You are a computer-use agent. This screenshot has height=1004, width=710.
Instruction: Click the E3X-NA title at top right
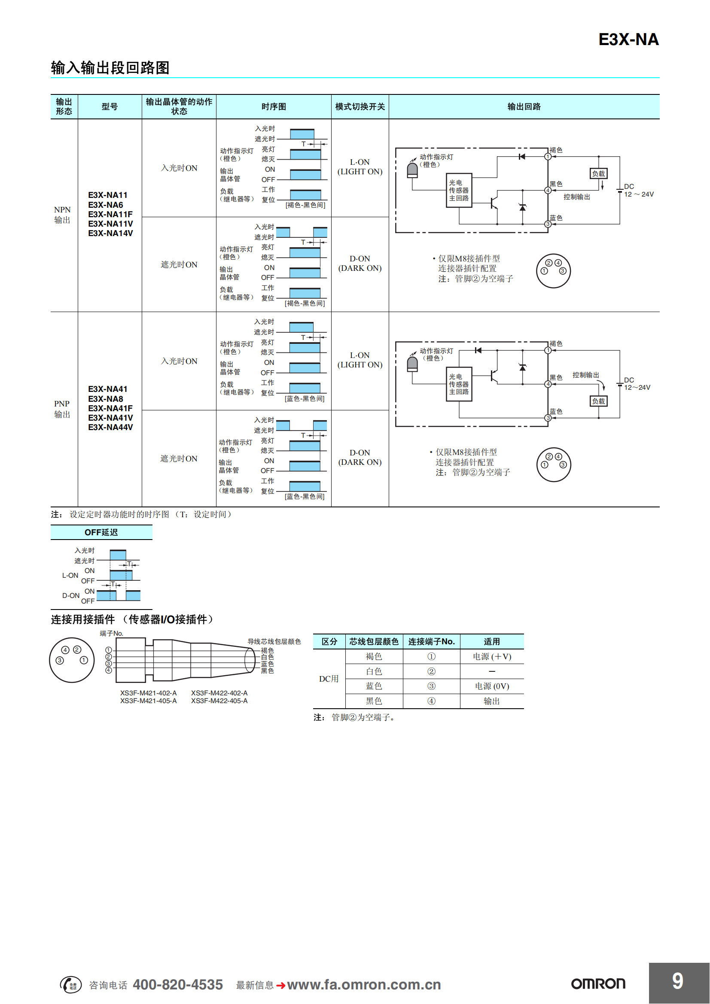[628, 40]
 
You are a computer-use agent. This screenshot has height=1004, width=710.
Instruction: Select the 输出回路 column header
[524, 107]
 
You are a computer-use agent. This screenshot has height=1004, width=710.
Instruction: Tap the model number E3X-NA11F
[110, 214]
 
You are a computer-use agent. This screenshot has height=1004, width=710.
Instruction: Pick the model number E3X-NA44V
[110, 427]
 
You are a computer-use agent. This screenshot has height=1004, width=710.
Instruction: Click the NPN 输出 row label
[62, 215]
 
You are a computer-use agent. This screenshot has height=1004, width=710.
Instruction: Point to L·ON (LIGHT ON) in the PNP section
[360, 360]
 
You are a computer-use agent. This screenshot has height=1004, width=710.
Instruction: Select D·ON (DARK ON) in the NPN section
[360, 264]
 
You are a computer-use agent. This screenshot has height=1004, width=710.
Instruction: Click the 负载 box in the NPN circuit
[598, 173]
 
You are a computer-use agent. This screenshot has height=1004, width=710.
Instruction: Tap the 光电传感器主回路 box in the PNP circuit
[458, 384]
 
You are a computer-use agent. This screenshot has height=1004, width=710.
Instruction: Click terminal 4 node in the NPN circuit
[548, 190]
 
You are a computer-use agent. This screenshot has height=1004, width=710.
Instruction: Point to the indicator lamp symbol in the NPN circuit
[412, 170]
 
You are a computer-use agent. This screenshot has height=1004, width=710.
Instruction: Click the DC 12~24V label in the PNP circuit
[637, 384]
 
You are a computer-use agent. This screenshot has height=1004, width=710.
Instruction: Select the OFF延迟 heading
[101, 532]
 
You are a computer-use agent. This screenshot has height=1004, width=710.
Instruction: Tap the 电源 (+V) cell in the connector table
[492, 656]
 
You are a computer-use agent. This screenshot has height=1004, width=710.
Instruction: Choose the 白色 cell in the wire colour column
[374, 671]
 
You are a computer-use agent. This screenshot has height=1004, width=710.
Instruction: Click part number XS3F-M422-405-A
[219, 701]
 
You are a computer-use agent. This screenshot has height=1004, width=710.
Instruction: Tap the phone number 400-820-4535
[178, 984]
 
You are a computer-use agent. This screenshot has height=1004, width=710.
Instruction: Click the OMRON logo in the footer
[598, 984]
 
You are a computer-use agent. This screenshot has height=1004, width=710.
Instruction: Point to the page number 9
[677, 981]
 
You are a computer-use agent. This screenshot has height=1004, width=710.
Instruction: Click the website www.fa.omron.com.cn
[363, 984]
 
